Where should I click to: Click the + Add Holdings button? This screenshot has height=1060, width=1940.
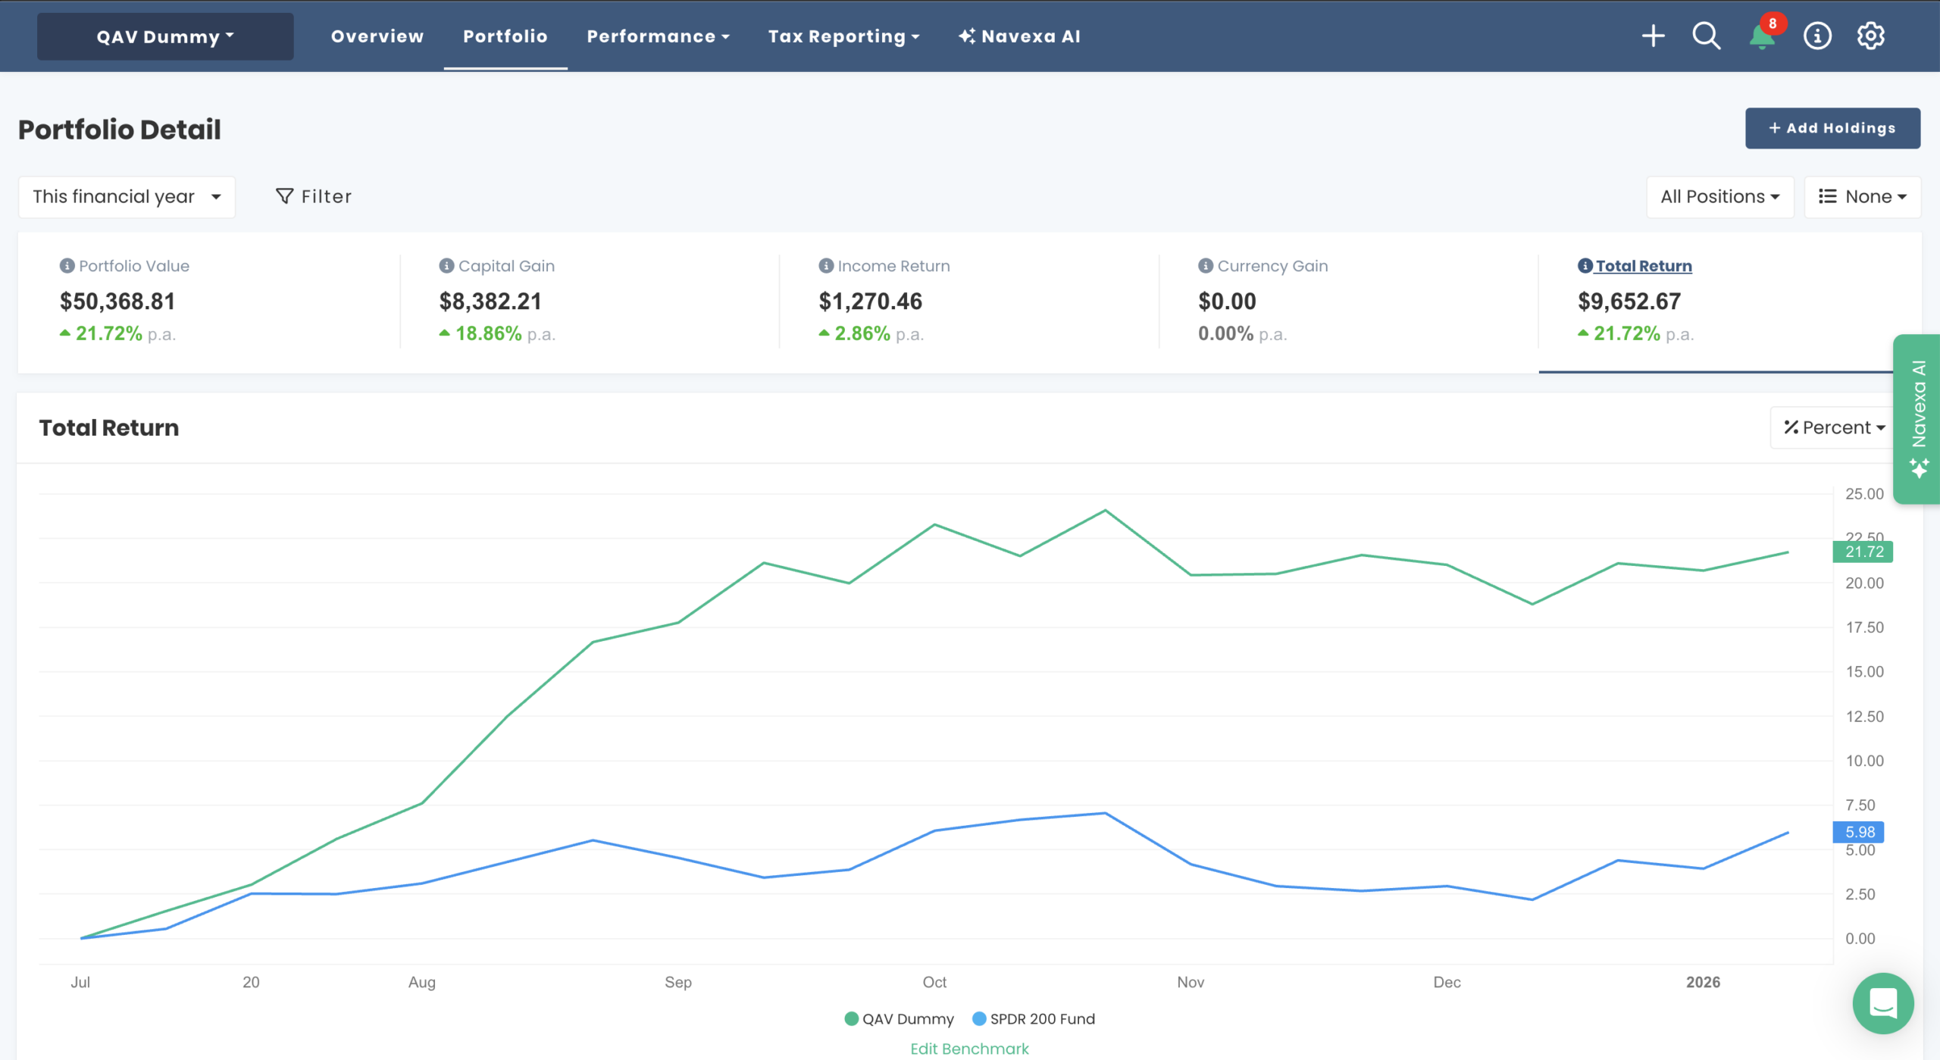point(1832,128)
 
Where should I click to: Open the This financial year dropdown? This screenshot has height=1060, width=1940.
point(127,197)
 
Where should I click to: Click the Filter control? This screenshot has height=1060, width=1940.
point(314,197)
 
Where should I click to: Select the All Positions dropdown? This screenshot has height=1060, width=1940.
point(1719,197)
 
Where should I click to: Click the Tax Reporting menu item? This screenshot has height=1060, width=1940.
point(843,36)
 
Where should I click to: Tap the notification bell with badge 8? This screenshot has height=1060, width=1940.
point(1761,36)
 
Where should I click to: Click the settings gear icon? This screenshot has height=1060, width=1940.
point(1870,36)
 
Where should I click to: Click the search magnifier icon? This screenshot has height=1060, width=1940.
point(1706,36)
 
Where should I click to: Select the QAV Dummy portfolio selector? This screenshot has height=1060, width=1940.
point(165,36)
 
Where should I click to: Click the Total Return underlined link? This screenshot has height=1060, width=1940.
point(1643,266)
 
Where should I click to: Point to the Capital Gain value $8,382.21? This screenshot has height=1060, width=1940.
point(490,302)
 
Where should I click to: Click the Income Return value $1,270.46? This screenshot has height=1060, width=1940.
point(870,302)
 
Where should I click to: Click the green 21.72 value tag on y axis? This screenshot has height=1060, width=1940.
point(1863,552)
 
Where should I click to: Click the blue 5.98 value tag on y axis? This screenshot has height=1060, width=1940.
point(1858,832)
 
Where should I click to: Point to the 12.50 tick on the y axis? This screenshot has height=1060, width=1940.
point(1863,716)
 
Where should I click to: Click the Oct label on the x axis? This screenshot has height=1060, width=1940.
point(934,982)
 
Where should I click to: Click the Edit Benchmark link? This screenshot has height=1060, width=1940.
point(969,1049)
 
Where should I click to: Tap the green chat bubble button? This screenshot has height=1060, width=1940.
point(1882,1003)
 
